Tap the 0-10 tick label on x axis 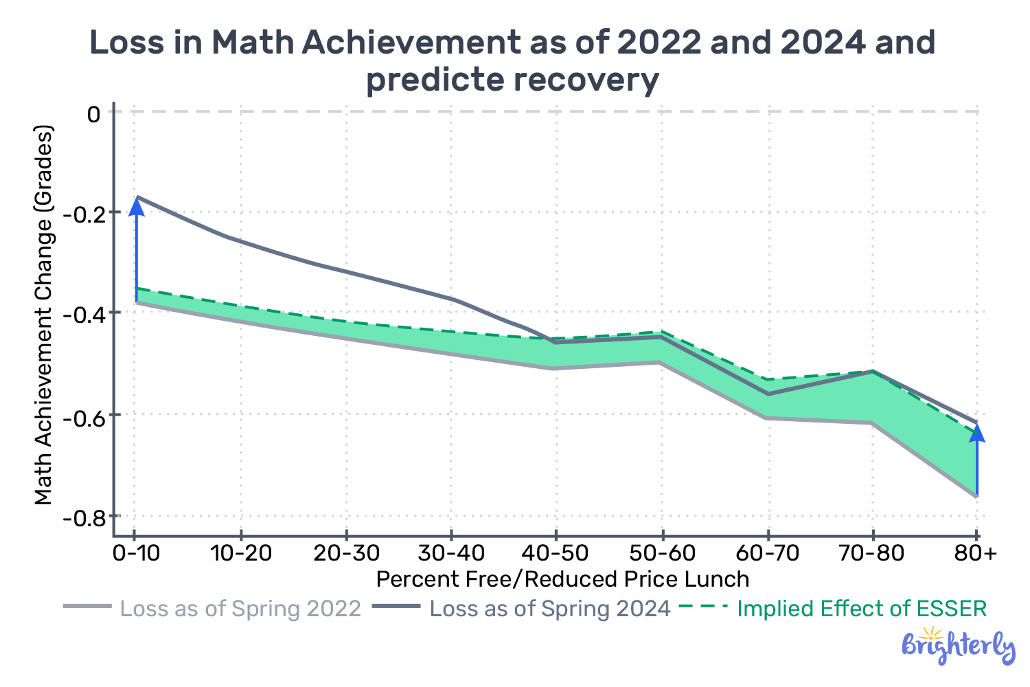(x=137, y=553)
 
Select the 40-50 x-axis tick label (x=556, y=553)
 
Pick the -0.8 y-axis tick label (x=82, y=517)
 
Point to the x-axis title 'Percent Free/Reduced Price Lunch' (x=562, y=579)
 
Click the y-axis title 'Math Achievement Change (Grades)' (x=44, y=315)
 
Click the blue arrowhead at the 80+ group (x=976, y=433)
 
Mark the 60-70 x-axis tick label (x=767, y=553)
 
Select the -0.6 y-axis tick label (x=82, y=416)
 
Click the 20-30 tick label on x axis (x=346, y=553)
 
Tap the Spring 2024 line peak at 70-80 (x=872, y=371)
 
